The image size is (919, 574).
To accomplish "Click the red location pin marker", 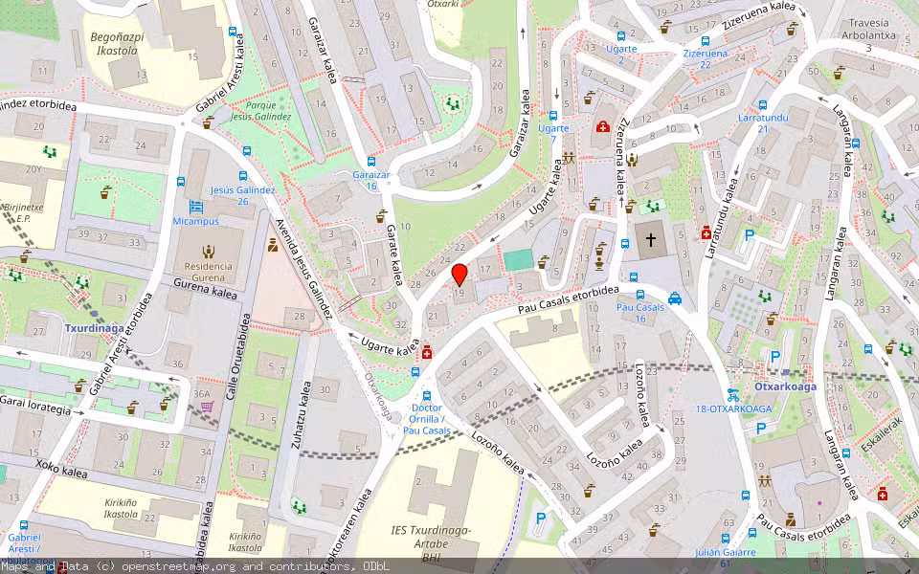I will pos(459,275).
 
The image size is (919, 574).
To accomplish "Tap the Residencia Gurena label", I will pos(208,271).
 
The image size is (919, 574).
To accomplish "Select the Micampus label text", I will pos(195,221).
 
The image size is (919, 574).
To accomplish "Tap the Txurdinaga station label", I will pos(95,327).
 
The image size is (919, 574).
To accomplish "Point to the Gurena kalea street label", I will pos(205,288).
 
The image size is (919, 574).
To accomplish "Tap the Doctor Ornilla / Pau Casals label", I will pos(426,425).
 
